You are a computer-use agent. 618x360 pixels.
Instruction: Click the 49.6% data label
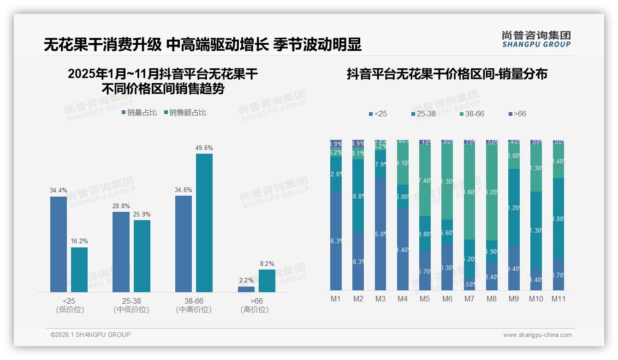pos(204,148)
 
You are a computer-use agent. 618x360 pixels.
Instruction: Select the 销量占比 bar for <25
pos(59,244)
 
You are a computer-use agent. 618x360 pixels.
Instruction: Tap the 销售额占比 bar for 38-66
pos(204,222)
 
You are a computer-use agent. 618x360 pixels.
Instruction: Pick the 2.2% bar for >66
pos(246,289)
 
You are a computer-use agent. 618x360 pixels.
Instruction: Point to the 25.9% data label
pos(142,215)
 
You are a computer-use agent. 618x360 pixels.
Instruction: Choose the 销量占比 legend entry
pos(139,113)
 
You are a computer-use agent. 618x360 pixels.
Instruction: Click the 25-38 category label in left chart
pos(131,301)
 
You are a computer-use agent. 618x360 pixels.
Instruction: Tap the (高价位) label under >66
pos(255,310)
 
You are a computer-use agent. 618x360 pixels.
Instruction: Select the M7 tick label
pos(469,299)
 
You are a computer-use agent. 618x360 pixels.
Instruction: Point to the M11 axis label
pos(559,299)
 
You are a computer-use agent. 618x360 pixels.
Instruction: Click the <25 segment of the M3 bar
pos(380,234)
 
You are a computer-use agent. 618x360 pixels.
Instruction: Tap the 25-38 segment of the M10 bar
pos(536,230)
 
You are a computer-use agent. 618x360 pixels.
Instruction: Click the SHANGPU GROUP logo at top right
pos(536,39)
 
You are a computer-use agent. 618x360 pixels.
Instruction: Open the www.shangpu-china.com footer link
pos(537,335)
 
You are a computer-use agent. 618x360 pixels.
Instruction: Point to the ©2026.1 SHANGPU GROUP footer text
pos(90,335)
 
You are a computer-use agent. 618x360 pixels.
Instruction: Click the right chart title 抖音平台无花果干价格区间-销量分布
pos(447,74)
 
